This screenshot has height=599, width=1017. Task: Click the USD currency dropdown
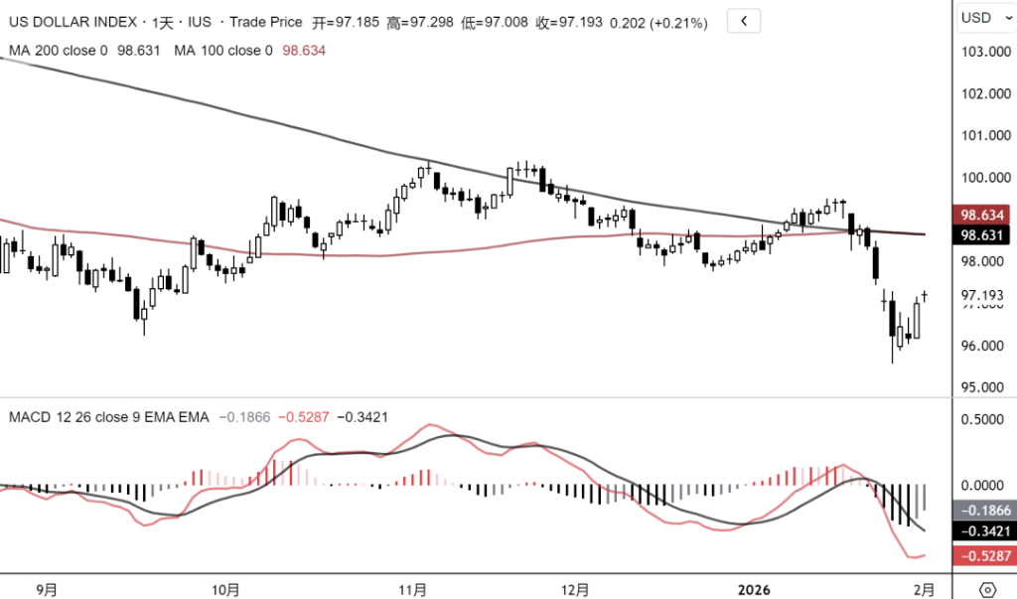[984, 18]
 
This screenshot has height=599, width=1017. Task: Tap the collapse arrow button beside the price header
[743, 20]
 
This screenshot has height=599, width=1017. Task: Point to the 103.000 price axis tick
[983, 52]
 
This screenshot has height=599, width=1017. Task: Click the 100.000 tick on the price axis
[983, 178]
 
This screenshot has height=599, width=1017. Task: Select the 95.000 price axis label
[983, 387]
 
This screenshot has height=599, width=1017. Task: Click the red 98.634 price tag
[982, 215]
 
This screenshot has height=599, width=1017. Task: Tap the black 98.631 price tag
[982, 235]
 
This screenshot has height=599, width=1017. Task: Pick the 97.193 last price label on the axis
[983, 296]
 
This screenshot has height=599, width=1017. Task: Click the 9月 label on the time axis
[46, 589]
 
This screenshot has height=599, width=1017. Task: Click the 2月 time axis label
[924, 589]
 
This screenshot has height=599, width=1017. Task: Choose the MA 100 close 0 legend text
[223, 51]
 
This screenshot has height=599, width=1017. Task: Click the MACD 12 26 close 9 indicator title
[109, 417]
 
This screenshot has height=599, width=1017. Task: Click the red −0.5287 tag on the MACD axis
[983, 555]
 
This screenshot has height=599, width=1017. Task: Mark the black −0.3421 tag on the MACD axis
[983, 531]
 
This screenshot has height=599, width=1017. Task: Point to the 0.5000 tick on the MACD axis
[983, 419]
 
